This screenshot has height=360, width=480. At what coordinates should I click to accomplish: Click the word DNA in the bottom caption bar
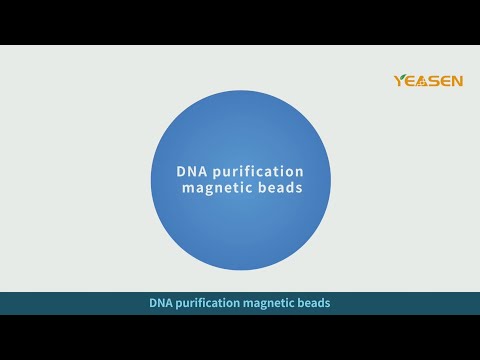tap(161, 302)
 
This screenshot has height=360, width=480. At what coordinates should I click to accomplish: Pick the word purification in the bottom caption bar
tap(212, 302)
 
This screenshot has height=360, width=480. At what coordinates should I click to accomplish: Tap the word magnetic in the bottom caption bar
tap(268, 302)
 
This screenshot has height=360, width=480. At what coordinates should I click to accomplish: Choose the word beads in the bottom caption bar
tap(313, 302)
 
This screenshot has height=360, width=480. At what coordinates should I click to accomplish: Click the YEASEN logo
tap(429, 80)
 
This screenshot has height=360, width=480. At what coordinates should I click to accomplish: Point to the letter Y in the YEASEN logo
tap(401, 81)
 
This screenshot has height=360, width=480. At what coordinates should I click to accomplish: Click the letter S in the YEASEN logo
tap(436, 81)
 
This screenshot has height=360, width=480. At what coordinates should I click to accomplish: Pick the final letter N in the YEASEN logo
tap(457, 81)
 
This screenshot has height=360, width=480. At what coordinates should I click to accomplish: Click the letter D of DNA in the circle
tap(183, 171)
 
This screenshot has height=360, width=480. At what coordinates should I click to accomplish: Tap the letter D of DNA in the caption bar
tap(153, 302)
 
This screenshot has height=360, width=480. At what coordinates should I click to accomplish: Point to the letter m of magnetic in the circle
tap(188, 190)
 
